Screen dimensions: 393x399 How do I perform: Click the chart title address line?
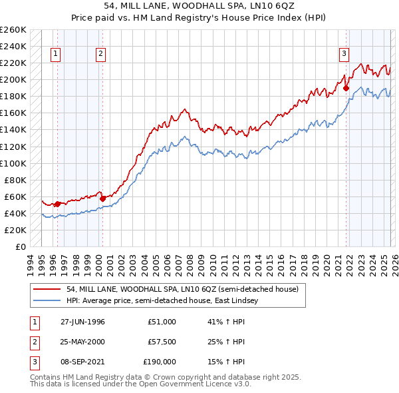(199, 7)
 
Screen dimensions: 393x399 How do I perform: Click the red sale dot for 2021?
(346, 88)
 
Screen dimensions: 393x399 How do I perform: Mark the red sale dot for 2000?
(103, 198)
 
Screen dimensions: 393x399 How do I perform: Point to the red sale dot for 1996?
(58, 204)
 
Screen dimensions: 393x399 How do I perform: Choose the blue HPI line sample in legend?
(48, 300)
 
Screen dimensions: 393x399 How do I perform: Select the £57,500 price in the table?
(162, 342)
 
